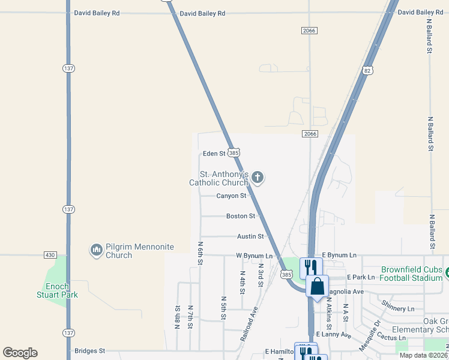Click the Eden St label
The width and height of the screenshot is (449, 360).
pos(214,154)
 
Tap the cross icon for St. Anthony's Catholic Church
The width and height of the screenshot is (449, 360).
pos(258,177)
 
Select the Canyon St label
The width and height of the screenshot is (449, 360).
pos(232,196)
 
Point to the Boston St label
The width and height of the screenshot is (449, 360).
pos(241,216)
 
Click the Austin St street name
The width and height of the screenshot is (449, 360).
pos(250,237)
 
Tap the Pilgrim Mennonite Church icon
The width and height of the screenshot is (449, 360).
pos(96,250)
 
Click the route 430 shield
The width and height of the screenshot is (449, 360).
pos(50,255)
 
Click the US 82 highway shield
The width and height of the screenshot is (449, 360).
pos(368,70)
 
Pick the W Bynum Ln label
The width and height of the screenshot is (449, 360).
pos(254,256)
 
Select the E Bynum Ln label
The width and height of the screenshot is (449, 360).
pos(340,256)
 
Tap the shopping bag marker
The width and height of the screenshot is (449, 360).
pos(317,287)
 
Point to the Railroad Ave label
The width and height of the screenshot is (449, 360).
pos(250,323)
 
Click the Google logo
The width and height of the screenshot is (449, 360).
pos(20,353)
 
